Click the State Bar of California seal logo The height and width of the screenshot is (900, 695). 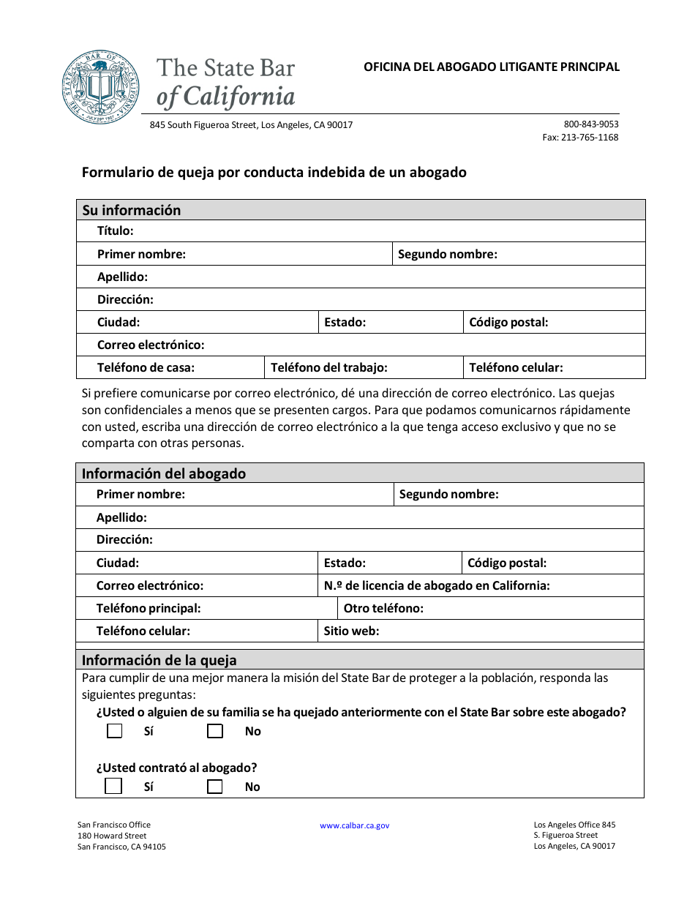[x=101, y=88]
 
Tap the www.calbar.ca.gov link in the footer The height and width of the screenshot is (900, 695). [x=355, y=825]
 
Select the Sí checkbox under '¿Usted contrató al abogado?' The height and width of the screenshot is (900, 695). [x=113, y=787]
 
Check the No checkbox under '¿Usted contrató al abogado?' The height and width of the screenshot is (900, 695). [x=214, y=787]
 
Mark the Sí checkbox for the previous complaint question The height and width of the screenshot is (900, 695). [x=114, y=731]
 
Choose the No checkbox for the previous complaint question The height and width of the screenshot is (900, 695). [x=214, y=731]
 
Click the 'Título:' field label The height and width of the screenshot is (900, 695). [x=116, y=231]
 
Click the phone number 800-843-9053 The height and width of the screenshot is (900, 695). [x=591, y=124]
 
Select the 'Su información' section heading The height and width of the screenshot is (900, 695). [x=132, y=210]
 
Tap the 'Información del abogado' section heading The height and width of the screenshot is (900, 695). [x=164, y=473]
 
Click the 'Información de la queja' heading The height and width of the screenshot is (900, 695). [x=159, y=660]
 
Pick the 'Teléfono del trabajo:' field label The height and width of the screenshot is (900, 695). [x=329, y=368]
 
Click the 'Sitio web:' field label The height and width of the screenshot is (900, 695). [x=352, y=631]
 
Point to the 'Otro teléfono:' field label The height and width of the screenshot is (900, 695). [x=383, y=608]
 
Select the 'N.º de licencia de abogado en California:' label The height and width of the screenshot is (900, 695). [x=437, y=585]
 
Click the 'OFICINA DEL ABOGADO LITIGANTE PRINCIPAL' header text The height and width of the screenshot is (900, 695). [x=492, y=67]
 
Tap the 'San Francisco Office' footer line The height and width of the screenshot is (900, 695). [x=114, y=825]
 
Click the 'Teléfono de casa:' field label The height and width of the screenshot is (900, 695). [x=146, y=368]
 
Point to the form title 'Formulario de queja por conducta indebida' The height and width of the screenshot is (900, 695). [x=274, y=173]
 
